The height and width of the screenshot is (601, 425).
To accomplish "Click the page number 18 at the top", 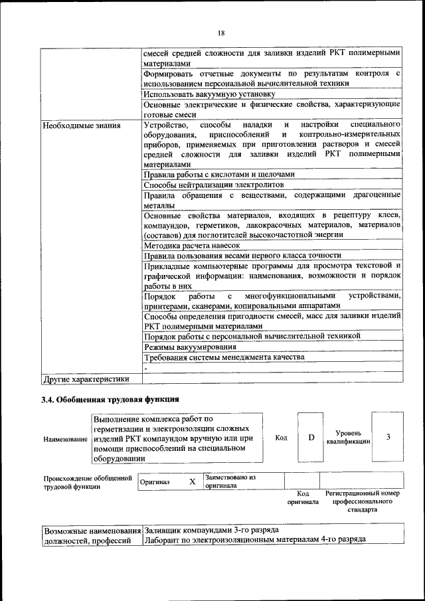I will [x=221, y=33].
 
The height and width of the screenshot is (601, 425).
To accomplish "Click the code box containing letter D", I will [x=311, y=438].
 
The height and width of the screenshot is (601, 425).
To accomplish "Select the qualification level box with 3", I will [x=388, y=437].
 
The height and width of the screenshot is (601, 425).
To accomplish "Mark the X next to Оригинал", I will [x=192, y=481].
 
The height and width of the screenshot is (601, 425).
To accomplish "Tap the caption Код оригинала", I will [x=303, y=498].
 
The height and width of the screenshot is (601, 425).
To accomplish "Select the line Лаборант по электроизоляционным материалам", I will [x=255, y=541].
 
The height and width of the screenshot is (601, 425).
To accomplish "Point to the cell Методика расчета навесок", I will [x=191, y=245].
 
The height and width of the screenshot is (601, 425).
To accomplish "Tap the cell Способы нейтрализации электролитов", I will [x=214, y=184].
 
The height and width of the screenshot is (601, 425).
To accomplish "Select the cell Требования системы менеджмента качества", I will [x=224, y=357].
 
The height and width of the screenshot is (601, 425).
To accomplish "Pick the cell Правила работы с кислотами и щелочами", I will [x=218, y=174].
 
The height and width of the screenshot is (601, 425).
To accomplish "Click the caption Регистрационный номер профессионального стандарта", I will [x=362, y=502].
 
